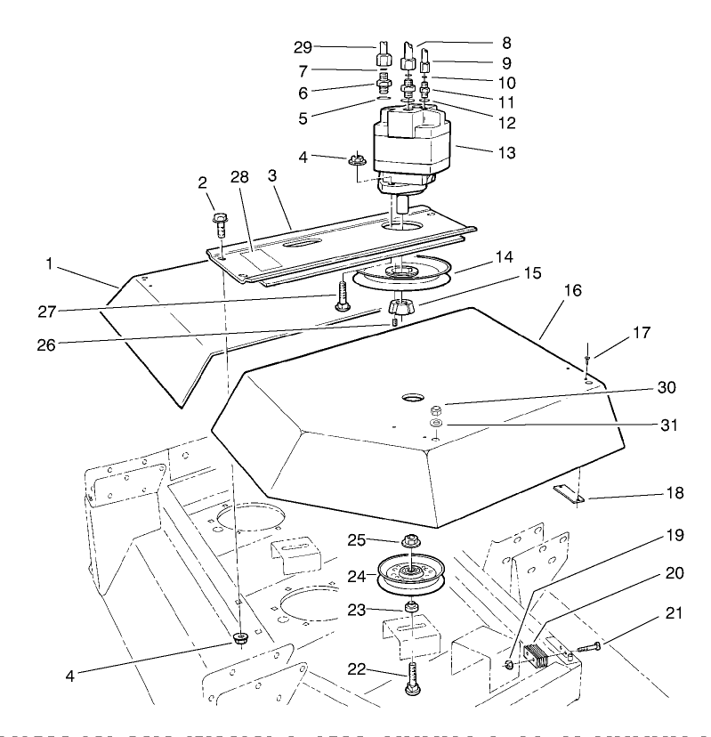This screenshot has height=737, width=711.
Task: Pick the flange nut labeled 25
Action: point(411,540)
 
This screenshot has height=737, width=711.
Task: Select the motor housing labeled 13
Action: point(409,142)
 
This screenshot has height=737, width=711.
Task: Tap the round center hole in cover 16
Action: point(415,395)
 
